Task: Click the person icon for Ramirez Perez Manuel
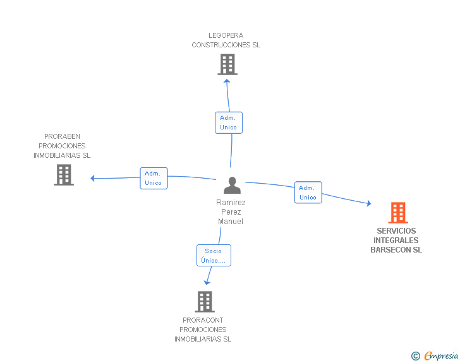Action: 232,186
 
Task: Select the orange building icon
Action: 398,213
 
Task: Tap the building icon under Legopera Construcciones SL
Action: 227,64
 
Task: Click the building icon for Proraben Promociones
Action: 64,175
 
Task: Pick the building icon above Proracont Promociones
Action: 205,302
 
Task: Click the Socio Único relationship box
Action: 214,256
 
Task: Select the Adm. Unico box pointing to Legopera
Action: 229,122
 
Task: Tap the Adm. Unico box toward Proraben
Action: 154,178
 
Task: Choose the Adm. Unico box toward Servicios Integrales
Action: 308,193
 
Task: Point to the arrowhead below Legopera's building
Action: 227,81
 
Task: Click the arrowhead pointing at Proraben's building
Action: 92,178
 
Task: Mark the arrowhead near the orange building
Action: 369,203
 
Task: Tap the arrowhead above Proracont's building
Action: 207,283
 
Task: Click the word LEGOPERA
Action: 226,35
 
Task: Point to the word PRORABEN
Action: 62,136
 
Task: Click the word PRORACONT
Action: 203,320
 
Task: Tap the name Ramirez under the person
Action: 231,203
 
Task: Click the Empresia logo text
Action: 441,355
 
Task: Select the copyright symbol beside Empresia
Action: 416,356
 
